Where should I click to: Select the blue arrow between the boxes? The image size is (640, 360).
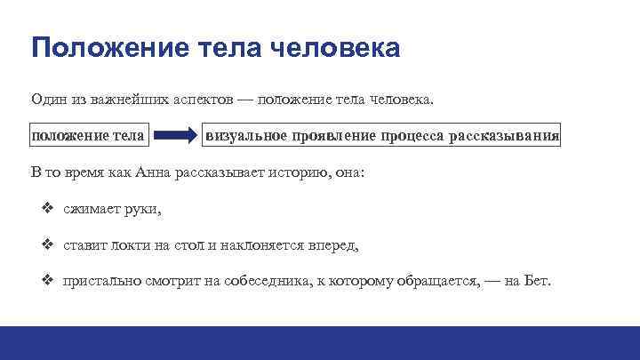point(176,136)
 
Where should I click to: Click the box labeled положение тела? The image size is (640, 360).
point(88,136)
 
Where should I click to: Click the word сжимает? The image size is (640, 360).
point(92,209)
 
